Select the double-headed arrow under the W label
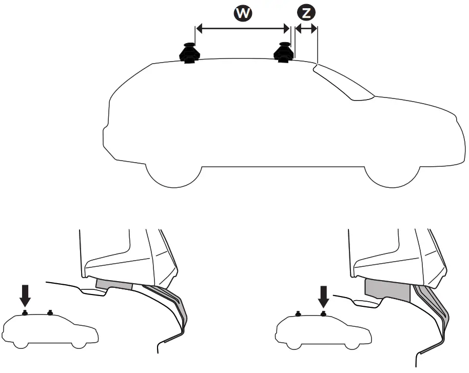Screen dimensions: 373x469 pos(243,29)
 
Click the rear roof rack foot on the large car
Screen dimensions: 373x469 pos(188,53)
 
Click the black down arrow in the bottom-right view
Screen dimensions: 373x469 pos(323,297)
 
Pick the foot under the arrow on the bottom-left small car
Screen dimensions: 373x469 pos(24,313)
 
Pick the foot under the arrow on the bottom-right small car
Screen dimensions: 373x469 pos(323,313)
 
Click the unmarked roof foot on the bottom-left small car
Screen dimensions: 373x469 pos(50,313)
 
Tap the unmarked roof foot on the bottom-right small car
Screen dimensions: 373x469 pos(298,313)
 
